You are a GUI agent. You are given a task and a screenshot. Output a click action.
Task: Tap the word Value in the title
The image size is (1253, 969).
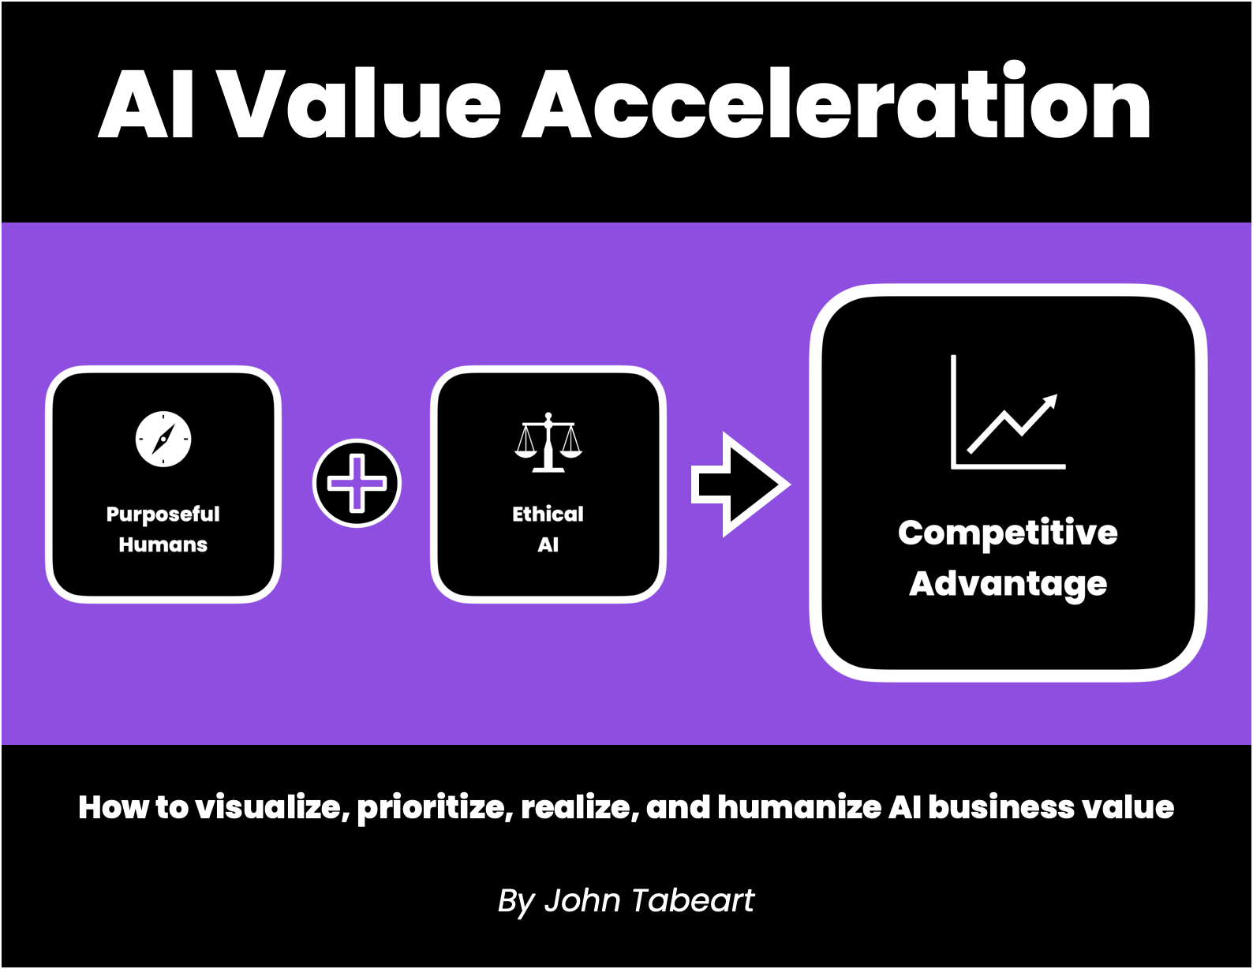tap(361, 103)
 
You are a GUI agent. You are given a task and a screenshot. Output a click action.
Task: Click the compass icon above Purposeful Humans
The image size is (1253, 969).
tap(163, 440)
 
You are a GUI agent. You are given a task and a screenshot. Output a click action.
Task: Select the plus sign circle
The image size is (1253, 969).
tap(357, 483)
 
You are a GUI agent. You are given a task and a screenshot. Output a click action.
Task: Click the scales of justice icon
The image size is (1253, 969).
tap(548, 443)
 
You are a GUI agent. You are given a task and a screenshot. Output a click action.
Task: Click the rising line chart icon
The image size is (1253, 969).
tap(1008, 412)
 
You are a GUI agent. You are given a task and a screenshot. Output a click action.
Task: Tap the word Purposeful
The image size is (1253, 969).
tap(163, 514)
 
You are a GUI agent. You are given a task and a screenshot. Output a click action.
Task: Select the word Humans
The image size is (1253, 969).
tap(163, 544)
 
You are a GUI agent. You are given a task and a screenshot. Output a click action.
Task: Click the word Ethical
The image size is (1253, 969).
tap(548, 514)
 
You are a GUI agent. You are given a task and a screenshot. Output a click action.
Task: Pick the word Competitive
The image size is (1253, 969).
tap(1008, 533)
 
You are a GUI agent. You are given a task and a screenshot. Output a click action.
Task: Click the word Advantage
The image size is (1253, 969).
tap(1008, 585)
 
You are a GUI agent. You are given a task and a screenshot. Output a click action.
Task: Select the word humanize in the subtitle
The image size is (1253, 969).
tap(799, 807)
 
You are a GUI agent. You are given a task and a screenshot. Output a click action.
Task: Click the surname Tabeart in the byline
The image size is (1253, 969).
tap(693, 900)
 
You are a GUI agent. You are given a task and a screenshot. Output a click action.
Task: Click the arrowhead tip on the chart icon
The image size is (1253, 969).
tap(1057, 395)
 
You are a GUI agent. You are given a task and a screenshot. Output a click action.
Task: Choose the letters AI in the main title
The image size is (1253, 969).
tap(146, 103)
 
